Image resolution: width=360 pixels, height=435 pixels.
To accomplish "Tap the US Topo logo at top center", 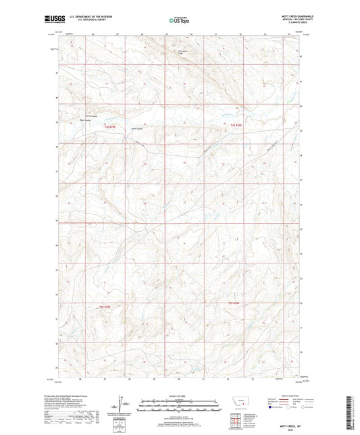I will pos(179,20).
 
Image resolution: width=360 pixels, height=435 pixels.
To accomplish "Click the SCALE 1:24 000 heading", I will pos(179,396).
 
